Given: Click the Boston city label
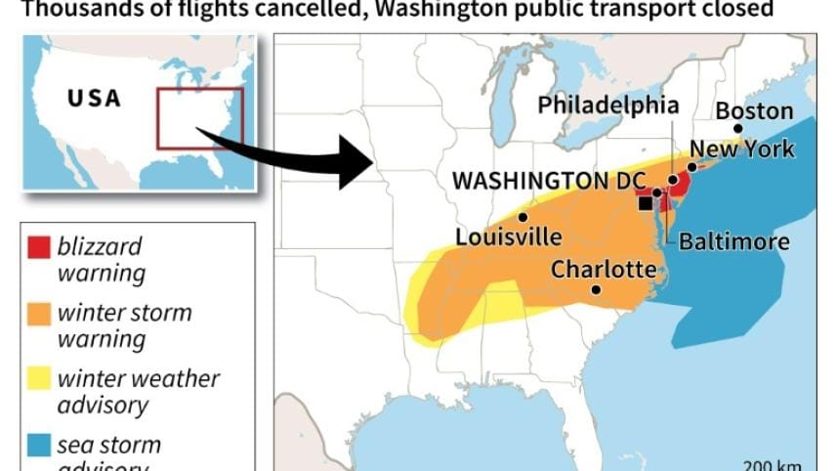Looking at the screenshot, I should click(x=754, y=110).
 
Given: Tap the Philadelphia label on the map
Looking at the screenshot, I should click(x=607, y=105).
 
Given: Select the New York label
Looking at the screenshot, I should click(x=741, y=149).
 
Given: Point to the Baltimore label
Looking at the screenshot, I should click(x=733, y=240).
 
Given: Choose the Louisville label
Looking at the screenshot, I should click(x=508, y=237).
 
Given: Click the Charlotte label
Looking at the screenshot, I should click(x=604, y=269).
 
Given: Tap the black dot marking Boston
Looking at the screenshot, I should click(x=738, y=128).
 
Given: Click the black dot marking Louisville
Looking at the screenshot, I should click(x=523, y=217).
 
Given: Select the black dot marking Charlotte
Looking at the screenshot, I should click(x=596, y=289).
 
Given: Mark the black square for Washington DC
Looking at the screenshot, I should click(x=645, y=203).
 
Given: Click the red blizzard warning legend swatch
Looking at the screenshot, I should click(x=39, y=246).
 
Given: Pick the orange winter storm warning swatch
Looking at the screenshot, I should click(x=39, y=315).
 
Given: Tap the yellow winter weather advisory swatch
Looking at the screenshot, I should click(x=39, y=379).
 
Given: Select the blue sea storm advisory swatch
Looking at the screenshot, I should click(x=39, y=446).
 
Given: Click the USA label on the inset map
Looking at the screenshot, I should click(x=94, y=99).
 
